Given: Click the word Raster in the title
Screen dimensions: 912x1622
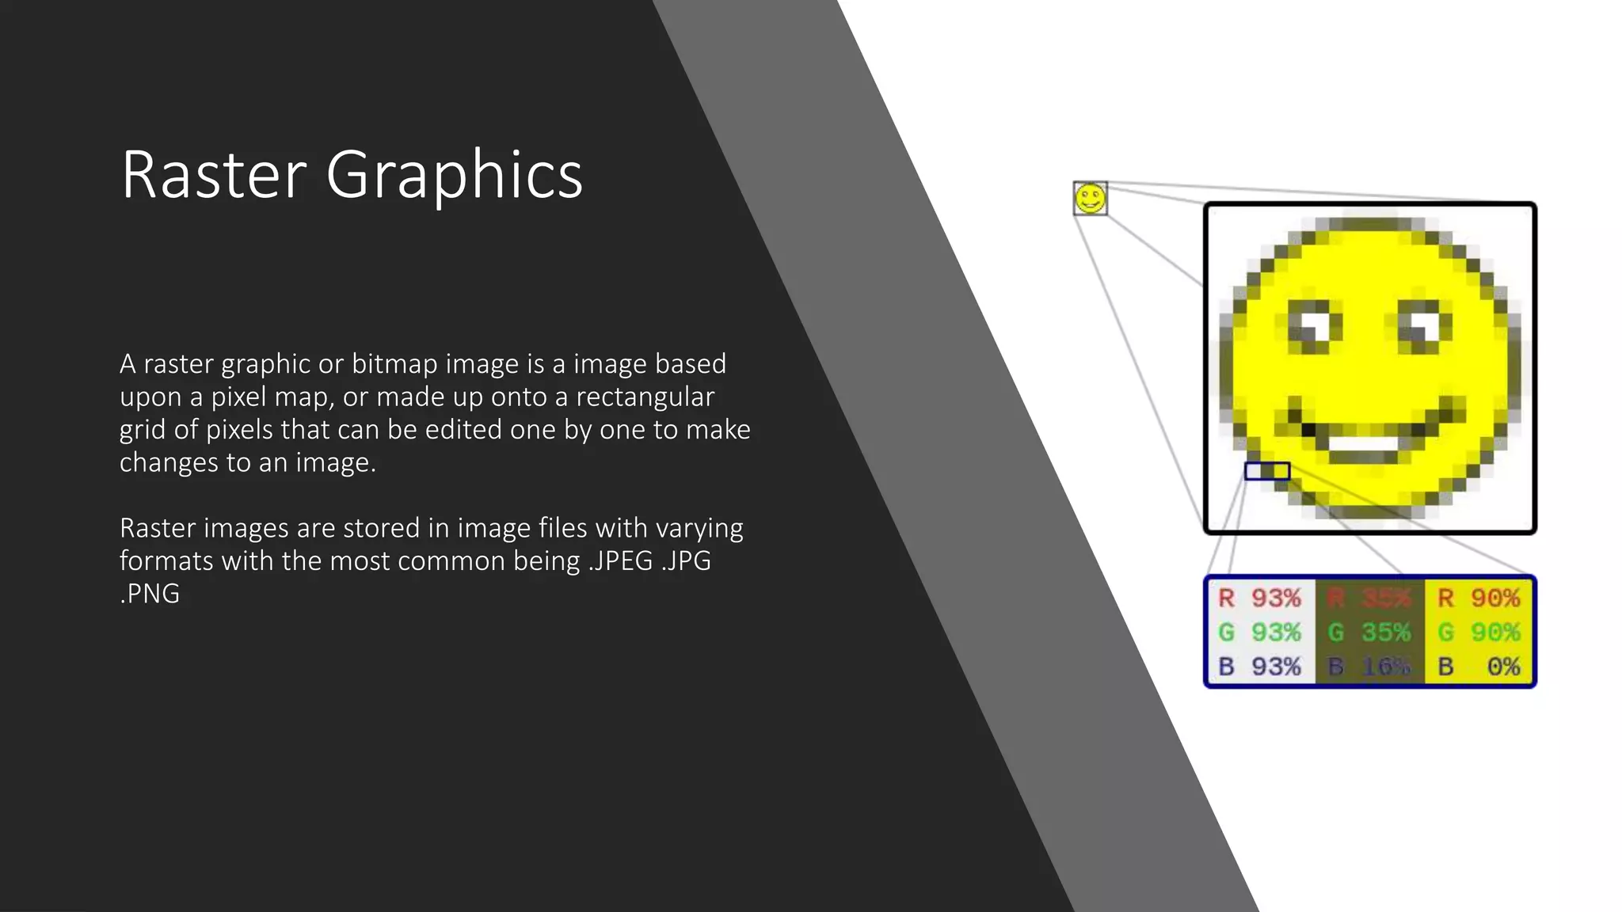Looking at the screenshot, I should [214, 174].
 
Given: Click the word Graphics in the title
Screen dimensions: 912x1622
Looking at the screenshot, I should [454, 176].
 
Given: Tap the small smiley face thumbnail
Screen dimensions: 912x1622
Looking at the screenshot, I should [1090, 198].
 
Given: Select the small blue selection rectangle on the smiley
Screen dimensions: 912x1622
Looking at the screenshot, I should [1267, 471].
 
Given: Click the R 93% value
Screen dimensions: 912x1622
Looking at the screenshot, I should [1260, 598].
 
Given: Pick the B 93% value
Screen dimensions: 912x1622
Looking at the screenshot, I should [1260, 667].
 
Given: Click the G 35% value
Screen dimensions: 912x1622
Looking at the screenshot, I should [1369, 633].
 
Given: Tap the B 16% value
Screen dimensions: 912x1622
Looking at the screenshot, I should [1369, 667].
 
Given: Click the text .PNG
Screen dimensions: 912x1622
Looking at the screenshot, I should [150, 594].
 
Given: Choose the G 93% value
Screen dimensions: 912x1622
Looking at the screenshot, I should [1260, 633].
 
